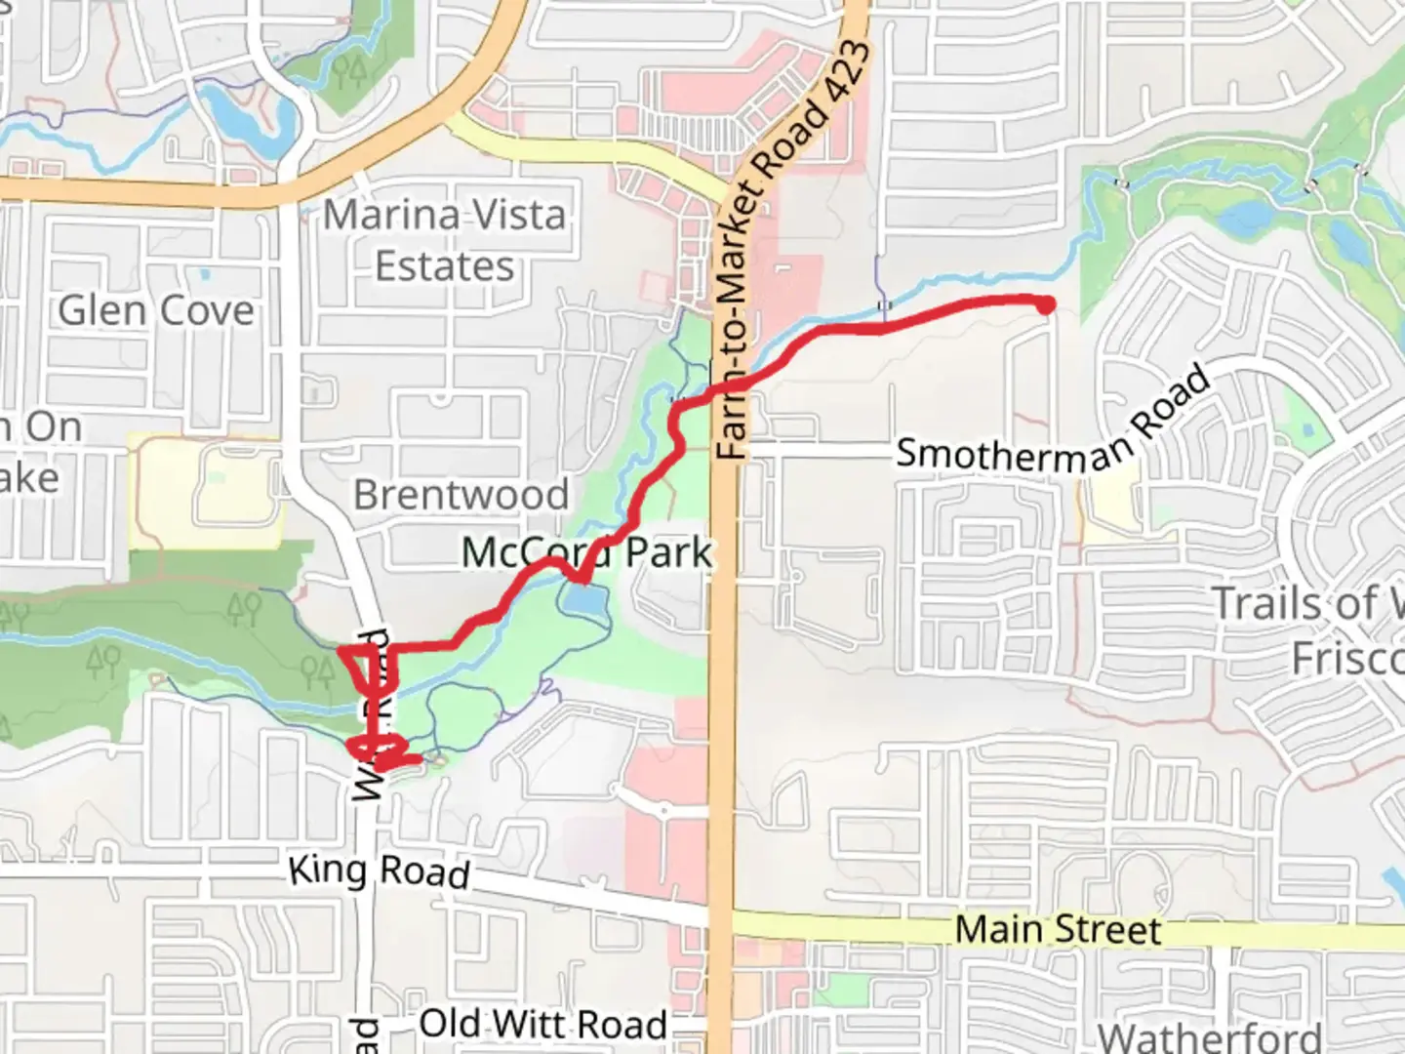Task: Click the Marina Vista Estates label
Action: (445, 240)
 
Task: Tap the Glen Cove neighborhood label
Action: (156, 311)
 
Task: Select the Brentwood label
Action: (461, 495)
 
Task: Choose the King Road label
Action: (380, 871)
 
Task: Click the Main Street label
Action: (1058, 929)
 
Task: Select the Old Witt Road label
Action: (543, 1025)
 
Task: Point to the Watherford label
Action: (1210, 1036)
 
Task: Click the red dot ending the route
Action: (1045, 306)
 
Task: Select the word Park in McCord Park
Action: (668, 552)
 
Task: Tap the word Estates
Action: (445, 266)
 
